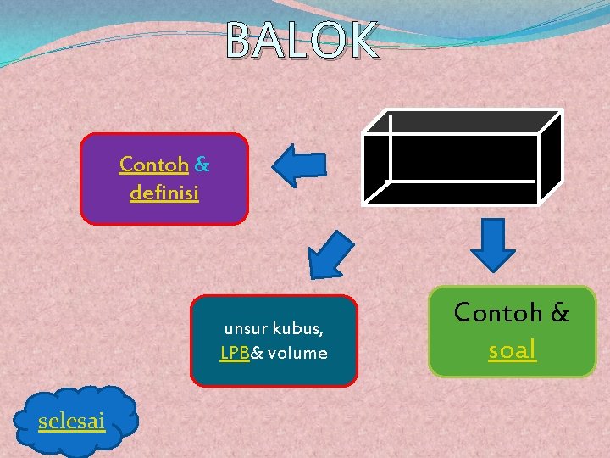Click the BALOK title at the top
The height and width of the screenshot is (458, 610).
(x=302, y=41)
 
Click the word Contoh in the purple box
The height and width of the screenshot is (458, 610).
(x=153, y=164)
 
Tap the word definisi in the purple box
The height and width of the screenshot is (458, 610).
(x=164, y=193)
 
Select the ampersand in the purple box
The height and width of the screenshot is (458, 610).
(x=202, y=164)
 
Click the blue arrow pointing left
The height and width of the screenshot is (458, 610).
(x=301, y=165)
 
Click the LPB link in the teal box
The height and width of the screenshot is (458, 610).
(x=234, y=353)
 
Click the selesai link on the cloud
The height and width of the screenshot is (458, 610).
(x=72, y=420)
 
